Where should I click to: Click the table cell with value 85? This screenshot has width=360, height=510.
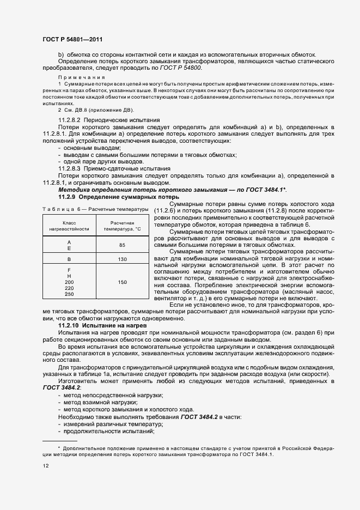(x=122, y=245)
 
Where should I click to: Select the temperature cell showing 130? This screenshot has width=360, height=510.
(x=122, y=259)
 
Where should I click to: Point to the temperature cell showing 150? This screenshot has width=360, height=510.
(x=122, y=282)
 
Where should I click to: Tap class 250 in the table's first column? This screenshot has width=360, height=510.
(x=69, y=294)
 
